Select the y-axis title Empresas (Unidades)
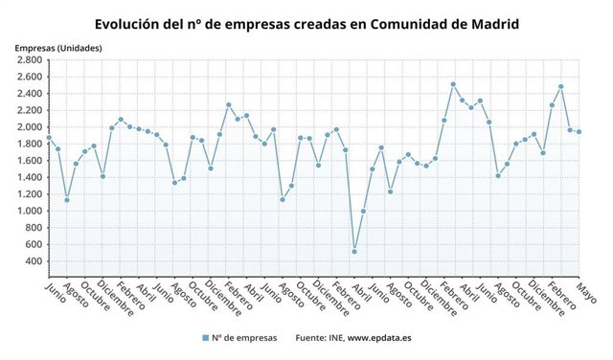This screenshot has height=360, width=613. tap(58, 48)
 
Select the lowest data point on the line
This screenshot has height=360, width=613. tap(354, 252)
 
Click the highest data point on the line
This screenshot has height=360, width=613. tap(453, 84)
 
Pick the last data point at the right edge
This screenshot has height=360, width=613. tap(579, 132)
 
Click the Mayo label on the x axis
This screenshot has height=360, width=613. tap(586, 291)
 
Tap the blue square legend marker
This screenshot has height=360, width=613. tap(206, 338)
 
